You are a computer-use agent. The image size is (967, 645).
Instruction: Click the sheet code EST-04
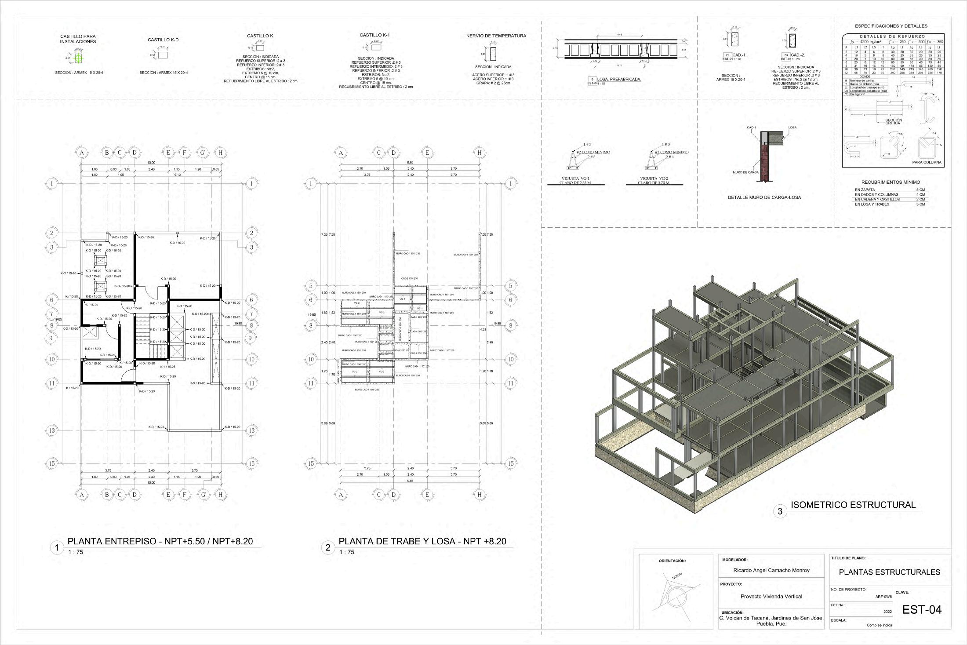tap(922, 610)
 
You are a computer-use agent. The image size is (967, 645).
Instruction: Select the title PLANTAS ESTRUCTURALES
tap(889, 572)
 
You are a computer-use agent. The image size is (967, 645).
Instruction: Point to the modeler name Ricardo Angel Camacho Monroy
tap(771, 570)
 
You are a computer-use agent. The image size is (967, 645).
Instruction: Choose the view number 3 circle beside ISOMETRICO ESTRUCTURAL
tap(780, 511)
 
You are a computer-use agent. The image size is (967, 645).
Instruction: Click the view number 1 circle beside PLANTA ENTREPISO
tap(56, 548)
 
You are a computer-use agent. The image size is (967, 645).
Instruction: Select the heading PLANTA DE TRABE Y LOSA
tap(422, 541)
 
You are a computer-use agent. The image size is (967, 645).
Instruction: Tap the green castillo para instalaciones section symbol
tap(79, 58)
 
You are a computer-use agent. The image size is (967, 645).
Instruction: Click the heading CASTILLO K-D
tap(163, 40)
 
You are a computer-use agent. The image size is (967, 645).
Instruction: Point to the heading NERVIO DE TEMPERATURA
tap(496, 36)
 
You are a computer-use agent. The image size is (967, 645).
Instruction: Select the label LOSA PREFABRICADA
tap(618, 80)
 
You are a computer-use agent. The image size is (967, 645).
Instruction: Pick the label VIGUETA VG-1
tap(576, 179)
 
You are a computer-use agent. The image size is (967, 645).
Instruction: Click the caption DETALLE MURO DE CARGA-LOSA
tap(764, 197)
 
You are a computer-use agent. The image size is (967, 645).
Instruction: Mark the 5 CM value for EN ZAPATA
tap(920, 190)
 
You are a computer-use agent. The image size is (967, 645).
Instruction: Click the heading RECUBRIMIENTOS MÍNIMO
tap(891, 182)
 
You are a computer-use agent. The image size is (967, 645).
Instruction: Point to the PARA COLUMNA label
tap(927, 162)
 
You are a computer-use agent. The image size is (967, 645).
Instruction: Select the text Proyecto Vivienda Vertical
tap(771, 597)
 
